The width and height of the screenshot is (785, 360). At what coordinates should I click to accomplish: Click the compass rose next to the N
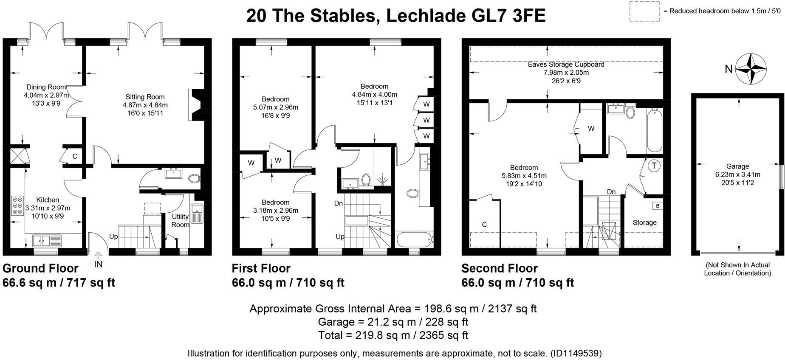751,68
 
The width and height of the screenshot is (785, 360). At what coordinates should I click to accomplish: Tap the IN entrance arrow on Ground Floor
98,256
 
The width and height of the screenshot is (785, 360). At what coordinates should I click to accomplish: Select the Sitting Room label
145,97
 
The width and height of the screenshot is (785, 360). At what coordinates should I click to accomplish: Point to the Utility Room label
180,220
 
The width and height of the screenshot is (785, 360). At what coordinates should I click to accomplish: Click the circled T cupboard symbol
654,166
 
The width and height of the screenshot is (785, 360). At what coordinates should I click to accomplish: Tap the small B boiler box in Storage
657,205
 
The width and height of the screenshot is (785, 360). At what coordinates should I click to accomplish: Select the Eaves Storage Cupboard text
566,65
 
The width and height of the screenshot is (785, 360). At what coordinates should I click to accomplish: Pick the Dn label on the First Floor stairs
338,203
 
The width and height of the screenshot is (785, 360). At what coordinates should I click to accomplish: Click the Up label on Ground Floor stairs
113,236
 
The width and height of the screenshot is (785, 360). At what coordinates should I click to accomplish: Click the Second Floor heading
499,268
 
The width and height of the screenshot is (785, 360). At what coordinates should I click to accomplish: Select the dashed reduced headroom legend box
644,11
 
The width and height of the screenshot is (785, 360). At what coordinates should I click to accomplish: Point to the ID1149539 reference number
576,353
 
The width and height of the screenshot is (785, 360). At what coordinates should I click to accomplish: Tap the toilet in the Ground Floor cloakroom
193,179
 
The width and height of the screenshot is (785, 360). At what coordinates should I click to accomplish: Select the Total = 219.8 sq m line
393,335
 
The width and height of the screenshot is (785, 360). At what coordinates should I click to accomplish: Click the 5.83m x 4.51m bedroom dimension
524,176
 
